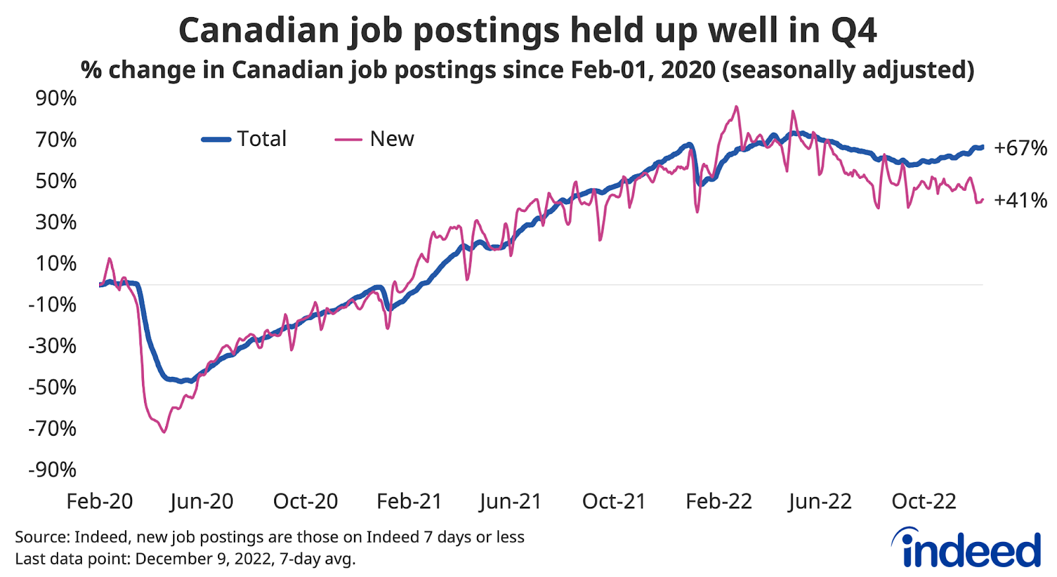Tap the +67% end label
[1020, 148]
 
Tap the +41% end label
[1020, 200]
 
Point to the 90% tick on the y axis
[56, 98]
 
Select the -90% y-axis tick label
[52, 469]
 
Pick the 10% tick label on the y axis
[56, 263]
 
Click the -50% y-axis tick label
[52, 387]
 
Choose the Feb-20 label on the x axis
[100, 501]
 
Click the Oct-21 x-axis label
[614, 501]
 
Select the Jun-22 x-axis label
[820, 501]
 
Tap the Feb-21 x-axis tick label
[409, 501]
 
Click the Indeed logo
[968, 549]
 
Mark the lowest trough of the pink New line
[164, 432]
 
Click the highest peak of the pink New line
[736, 106]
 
